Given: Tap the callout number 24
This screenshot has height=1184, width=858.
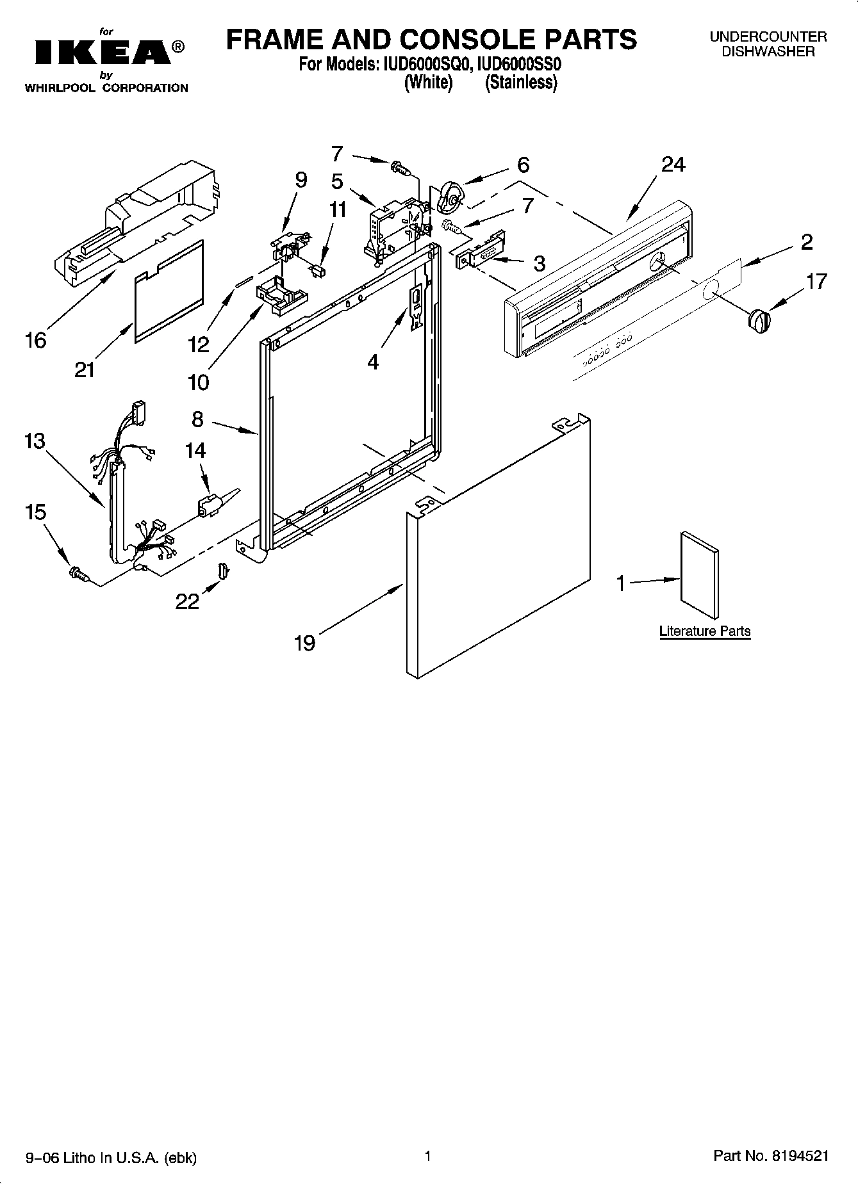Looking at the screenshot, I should coord(673,165).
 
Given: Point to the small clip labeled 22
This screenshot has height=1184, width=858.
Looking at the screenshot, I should coord(223,569).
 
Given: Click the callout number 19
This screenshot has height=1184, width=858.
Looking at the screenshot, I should coord(304,642).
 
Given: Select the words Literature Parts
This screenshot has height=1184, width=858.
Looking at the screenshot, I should coord(705,631).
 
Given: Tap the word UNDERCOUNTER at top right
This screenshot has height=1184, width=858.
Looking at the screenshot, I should coord(768,37).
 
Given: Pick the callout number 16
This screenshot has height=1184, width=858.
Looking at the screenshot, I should coord(36,339).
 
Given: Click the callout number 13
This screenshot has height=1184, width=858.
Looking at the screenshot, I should coord(35,441).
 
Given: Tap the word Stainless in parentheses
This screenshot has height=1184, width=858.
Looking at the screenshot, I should coord(521,83).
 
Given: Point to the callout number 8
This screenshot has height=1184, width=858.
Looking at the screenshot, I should coord(197,419).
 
